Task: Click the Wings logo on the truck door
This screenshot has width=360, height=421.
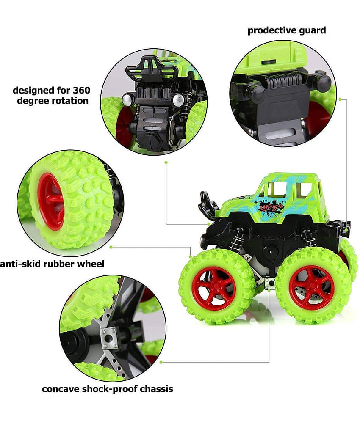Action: [271, 208]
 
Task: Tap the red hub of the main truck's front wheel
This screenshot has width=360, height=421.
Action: [216, 288]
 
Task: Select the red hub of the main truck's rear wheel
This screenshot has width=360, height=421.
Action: [311, 288]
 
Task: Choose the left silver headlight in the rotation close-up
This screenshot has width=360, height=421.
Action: [127, 100]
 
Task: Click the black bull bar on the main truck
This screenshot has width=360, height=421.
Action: [208, 206]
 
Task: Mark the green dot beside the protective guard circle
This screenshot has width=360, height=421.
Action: [340, 99]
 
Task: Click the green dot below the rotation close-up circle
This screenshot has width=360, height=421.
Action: [166, 162]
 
